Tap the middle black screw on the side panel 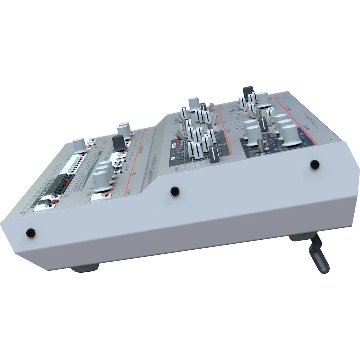(174, 191)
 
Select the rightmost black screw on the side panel (314, 164)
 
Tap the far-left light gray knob (79, 145)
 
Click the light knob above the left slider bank (194, 103)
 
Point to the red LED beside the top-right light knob (269, 99)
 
